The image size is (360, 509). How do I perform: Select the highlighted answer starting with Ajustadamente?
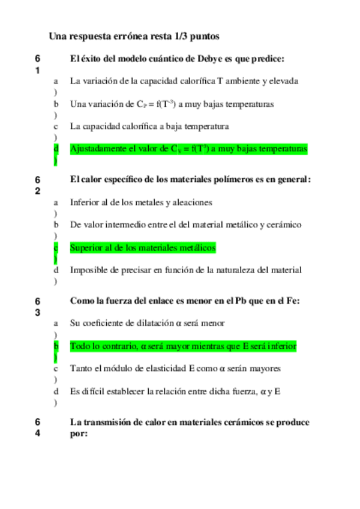click(188, 148)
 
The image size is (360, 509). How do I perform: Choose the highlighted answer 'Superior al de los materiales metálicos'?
click(143, 247)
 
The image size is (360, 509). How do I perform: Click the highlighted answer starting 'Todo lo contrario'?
click(183, 346)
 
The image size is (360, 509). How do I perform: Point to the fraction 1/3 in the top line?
click(180, 36)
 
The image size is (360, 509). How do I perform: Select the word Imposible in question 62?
click(88, 271)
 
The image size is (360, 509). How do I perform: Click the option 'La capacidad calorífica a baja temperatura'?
click(149, 126)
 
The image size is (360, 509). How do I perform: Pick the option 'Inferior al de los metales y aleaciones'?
click(140, 202)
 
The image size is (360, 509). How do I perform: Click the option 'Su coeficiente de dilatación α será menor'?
click(147, 323)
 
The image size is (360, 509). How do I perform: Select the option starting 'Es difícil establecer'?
click(175, 391)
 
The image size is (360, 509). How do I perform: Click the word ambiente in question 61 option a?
click(247, 80)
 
